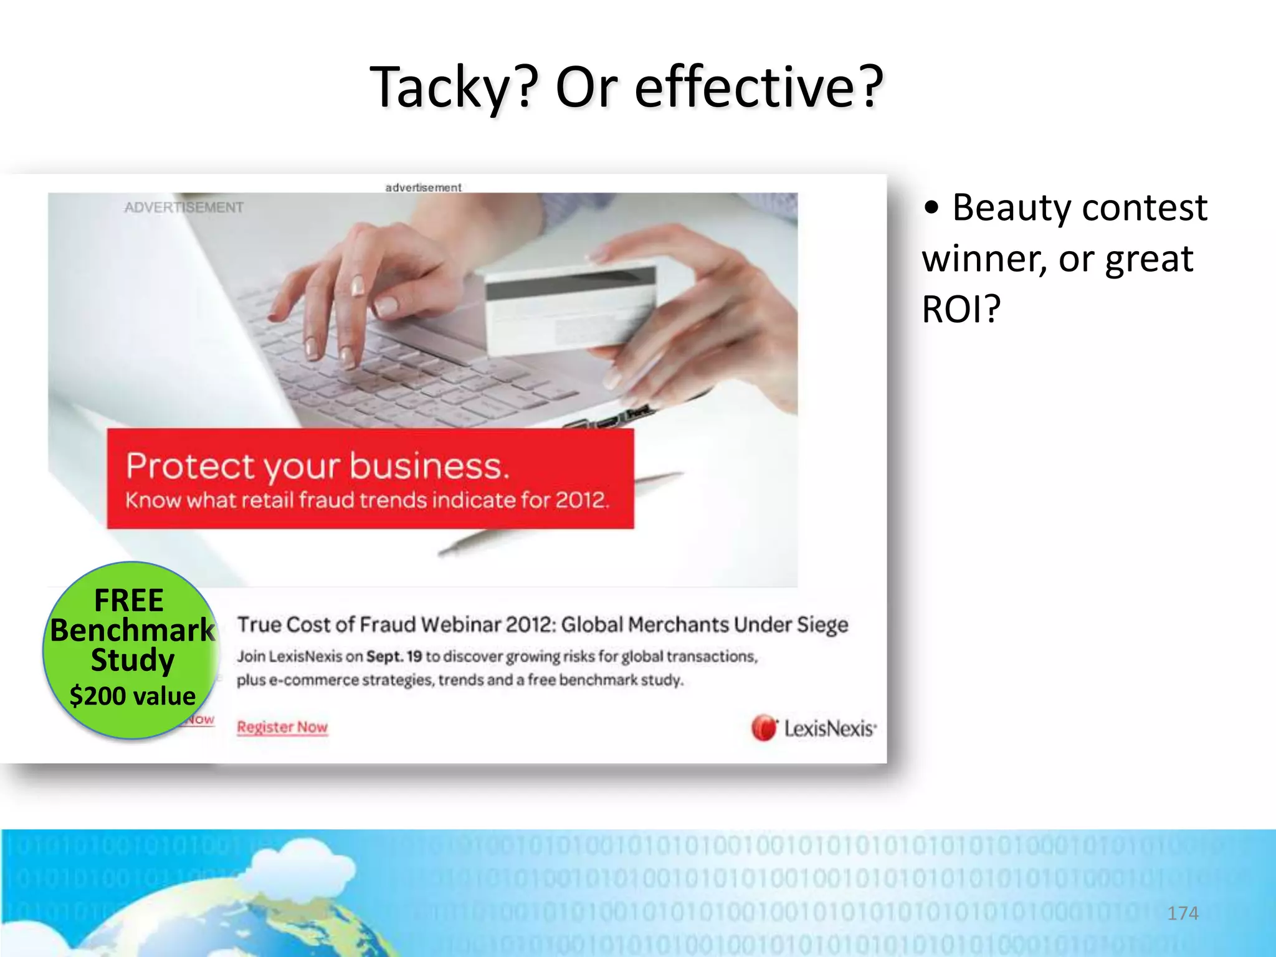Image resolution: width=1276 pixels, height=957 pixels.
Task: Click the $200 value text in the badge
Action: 133,696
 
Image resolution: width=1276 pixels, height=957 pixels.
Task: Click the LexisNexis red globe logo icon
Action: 764,728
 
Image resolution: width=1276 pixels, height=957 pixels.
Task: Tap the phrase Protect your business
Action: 318,466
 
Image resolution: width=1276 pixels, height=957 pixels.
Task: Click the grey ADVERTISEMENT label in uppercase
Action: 184,207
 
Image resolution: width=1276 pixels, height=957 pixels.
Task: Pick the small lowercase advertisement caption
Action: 423,188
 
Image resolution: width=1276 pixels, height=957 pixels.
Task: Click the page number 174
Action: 1183,913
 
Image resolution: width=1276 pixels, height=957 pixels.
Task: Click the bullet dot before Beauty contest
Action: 931,209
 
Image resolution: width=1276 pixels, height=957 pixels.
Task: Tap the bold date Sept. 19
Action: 394,657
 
